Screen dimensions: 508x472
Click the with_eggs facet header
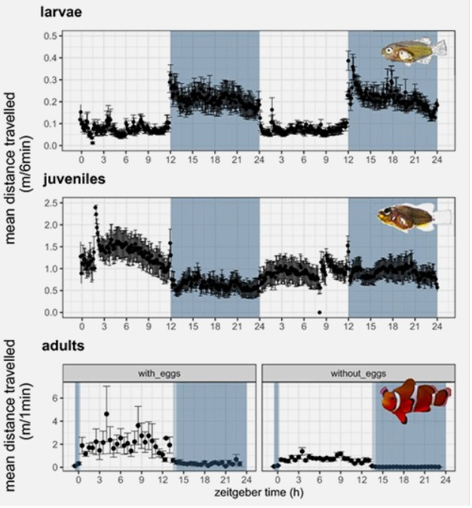(158, 372)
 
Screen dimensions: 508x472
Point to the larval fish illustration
(413, 51)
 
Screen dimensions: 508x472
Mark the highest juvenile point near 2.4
(96, 207)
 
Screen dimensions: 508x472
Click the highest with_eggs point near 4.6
(106, 414)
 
